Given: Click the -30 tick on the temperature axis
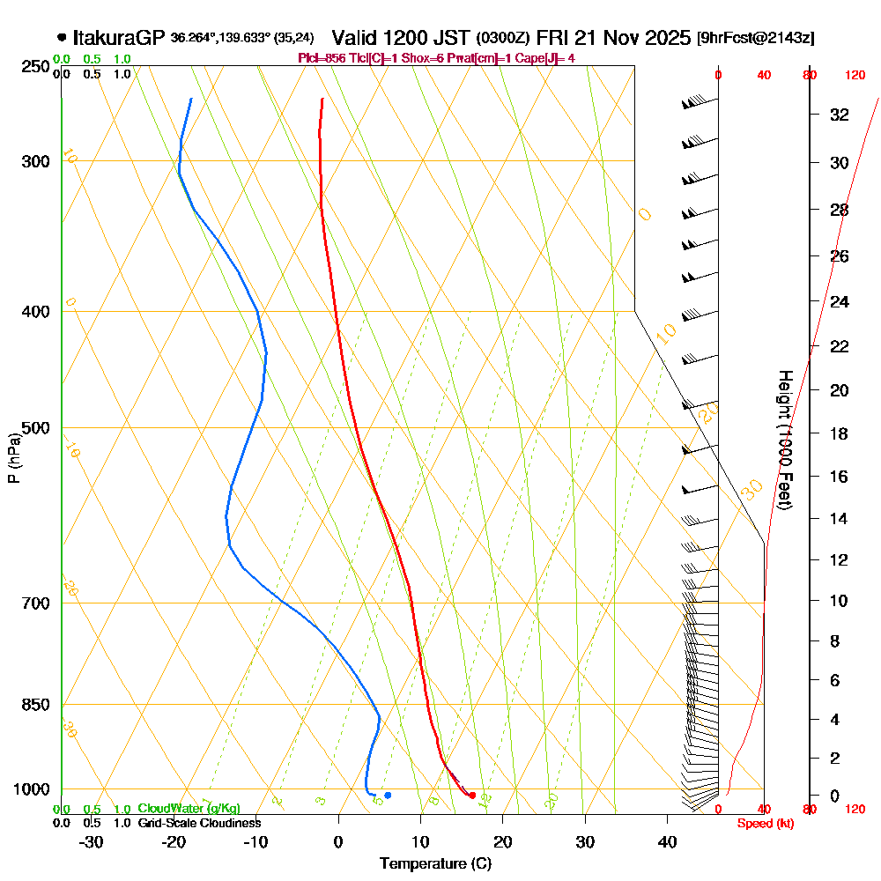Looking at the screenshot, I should pos(92,842).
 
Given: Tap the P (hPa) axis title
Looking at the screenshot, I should pos(13,458).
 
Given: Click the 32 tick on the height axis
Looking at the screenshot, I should pos(840,115).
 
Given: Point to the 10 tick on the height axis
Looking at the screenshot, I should pos(840,601).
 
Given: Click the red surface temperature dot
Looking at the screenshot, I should pos(473,796).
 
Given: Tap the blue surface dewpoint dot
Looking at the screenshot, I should pos(388,795).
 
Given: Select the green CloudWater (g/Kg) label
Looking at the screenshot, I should pos(189,808).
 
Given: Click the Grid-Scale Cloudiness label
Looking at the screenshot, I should pos(199,823).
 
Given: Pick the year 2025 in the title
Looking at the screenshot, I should pos(666,38).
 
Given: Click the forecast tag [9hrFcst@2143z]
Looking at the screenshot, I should pos(755,39).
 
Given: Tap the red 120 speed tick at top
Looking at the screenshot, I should pos(854,76).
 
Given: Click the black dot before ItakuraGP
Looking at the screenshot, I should pos(61,38).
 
